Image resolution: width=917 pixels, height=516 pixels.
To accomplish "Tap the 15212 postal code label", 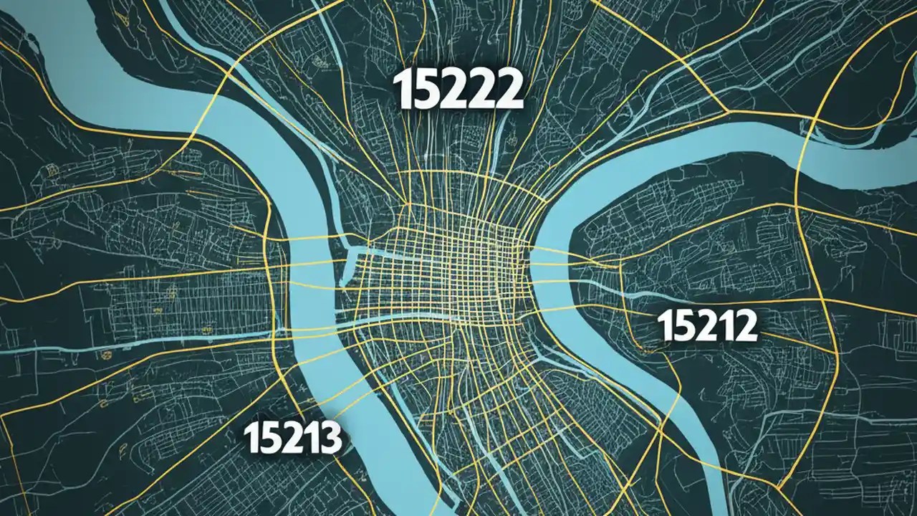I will coord(707,327).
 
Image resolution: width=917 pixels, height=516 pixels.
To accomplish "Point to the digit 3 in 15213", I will coord(327,438).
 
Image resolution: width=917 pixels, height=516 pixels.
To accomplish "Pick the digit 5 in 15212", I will coord(681,327).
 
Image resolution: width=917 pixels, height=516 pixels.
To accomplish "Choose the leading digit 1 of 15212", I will coord(664,327).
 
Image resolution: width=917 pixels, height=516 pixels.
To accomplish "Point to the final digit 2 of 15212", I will coord(743,327).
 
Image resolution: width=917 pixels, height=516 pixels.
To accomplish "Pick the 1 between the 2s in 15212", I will coord(722,327).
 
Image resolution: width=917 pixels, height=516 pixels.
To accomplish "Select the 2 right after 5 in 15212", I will coord(704,327).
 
